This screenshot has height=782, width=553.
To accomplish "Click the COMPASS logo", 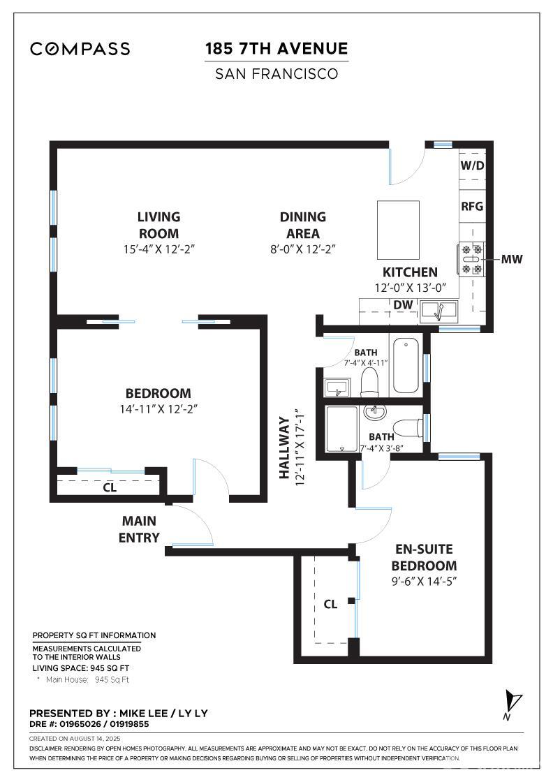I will (80, 48).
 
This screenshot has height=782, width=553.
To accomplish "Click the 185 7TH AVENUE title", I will (276, 48).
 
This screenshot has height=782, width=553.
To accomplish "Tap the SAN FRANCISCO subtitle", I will (276, 73).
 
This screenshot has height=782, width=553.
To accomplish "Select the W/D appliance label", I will (472, 165).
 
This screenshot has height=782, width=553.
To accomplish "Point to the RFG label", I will (472, 207).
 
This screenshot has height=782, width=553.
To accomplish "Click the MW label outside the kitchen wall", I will (512, 259).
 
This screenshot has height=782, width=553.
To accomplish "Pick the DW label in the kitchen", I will (402, 304).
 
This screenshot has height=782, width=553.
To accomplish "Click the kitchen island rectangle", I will (399, 230).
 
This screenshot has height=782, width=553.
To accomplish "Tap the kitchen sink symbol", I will (438, 309).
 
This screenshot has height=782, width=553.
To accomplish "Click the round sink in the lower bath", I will (376, 412).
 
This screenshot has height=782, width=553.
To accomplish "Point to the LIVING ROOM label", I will (158, 225).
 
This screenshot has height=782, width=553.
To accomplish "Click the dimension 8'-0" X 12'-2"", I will (303, 249).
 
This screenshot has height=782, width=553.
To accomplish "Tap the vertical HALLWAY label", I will (284, 448).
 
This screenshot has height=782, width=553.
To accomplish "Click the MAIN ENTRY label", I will (139, 529).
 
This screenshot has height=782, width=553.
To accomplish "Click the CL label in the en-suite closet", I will (330, 604).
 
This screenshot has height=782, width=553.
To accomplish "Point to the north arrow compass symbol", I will (514, 702).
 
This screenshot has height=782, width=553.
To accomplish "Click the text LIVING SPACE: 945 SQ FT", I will (81, 667).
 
